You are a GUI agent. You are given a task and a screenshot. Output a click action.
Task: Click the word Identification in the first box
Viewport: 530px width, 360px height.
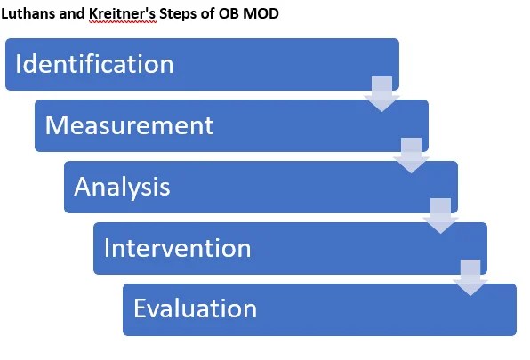[x=94, y=63]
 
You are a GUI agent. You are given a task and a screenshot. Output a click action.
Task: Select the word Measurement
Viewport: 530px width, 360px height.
[x=130, y=125]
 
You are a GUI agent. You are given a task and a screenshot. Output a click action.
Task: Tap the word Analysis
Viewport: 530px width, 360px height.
[x=122, y=188]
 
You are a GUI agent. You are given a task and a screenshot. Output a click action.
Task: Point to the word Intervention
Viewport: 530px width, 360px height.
[x=178, y=247]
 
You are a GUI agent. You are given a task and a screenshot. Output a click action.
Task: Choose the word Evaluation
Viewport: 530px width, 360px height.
[x=195, y=308]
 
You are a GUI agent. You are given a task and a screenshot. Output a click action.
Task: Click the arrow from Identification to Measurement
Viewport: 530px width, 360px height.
[x=382, y=94]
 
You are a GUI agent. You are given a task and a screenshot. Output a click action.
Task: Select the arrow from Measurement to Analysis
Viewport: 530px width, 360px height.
[x=411, y=156]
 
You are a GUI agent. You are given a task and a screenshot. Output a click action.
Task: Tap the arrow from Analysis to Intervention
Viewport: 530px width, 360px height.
[x=440, y=216]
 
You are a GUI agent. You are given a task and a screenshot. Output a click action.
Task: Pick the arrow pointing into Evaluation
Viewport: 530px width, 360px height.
[x=470, y=277]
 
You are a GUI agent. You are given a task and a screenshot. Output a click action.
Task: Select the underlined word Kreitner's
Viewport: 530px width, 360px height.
[x=123, y=14]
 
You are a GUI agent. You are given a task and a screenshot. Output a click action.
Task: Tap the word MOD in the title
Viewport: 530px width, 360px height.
[x=261, y=13]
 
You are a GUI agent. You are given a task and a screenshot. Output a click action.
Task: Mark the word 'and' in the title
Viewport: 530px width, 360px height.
[x=73, y=13]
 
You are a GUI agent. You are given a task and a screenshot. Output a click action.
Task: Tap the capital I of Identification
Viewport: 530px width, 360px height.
[x=19, y=63]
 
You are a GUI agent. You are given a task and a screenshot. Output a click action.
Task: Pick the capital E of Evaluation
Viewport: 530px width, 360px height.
[x=141, y=308]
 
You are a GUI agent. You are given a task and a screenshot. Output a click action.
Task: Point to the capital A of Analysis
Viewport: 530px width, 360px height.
[x=84, y=186]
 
